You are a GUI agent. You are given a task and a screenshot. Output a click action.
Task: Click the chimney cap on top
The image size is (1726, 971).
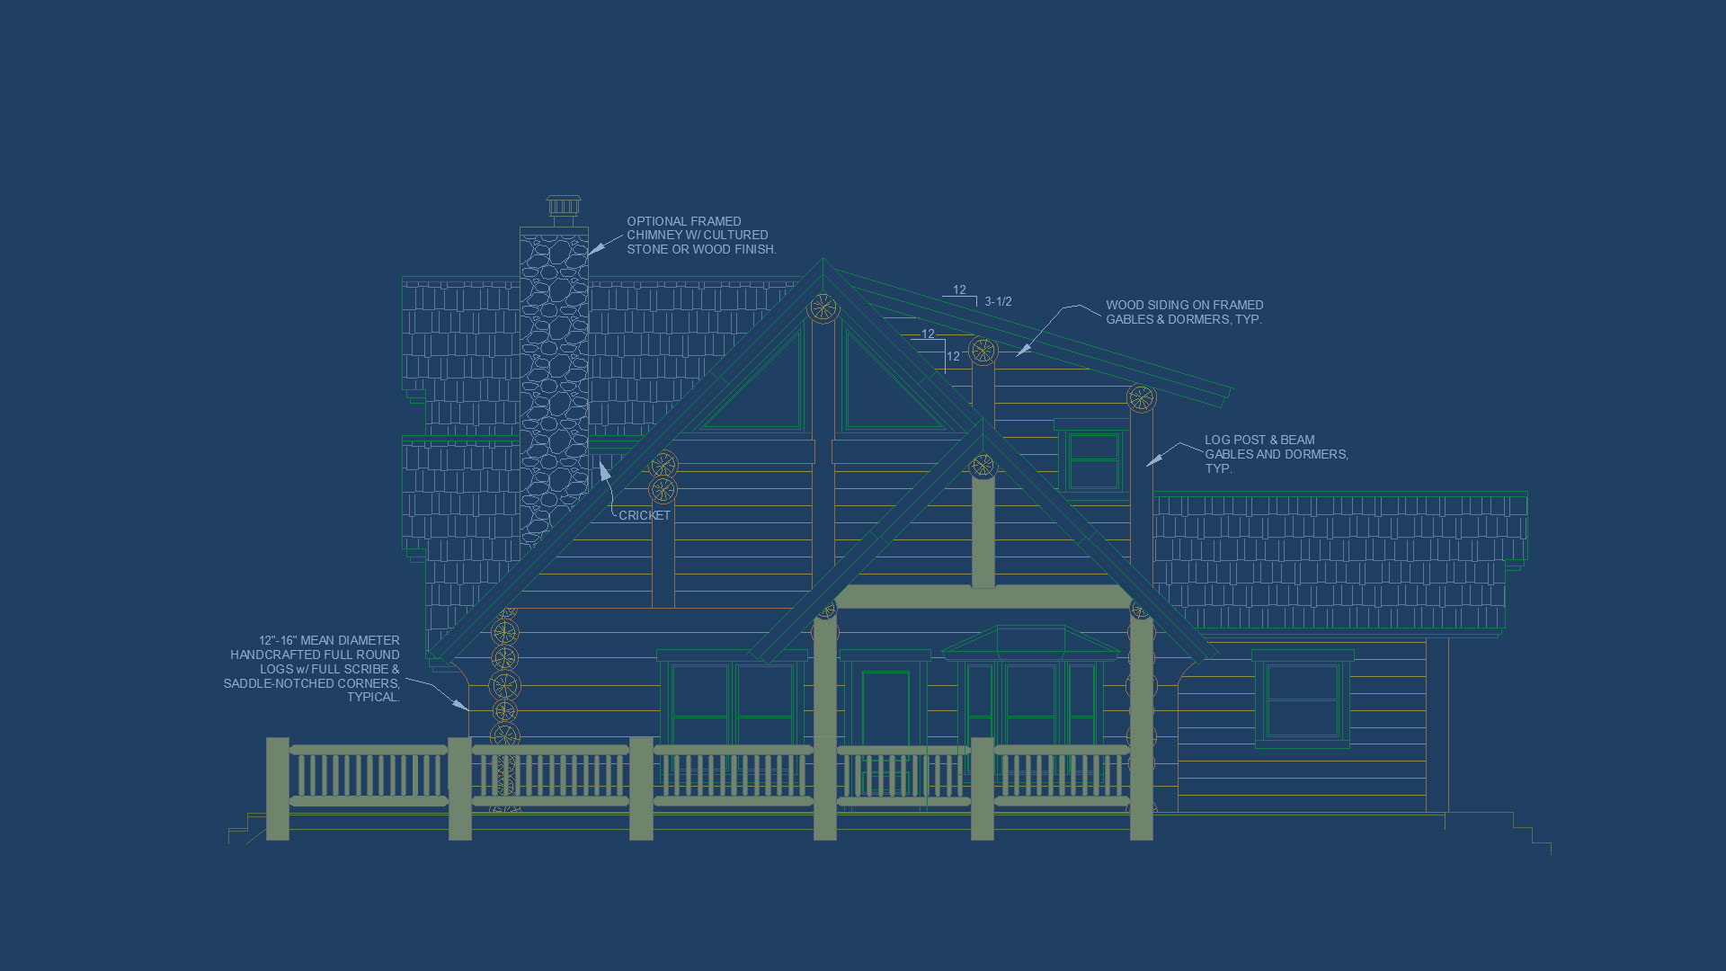[564, 208]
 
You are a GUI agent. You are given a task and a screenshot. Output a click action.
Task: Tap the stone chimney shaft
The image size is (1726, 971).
[554, 378]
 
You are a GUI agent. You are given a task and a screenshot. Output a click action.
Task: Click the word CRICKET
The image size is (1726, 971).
[644, 516]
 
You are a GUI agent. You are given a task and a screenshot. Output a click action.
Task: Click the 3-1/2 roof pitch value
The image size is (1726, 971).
[998, 302]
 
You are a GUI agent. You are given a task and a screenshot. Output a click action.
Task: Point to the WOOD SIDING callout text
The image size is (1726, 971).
[1184, 312]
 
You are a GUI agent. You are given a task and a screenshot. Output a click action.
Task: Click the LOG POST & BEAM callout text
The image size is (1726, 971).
[1275, 454]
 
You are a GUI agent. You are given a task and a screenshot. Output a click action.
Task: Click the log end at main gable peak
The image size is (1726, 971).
[823, 308]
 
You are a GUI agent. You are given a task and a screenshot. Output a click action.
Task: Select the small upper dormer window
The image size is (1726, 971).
[1094, 460]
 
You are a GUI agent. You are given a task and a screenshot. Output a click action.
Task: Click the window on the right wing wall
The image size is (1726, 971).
[1303, 700]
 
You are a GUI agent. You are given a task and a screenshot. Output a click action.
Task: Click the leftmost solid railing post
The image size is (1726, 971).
[278, 789]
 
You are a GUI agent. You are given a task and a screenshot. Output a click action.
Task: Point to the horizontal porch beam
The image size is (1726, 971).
[983, 596]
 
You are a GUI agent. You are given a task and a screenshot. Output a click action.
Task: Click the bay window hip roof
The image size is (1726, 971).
[1030, 642]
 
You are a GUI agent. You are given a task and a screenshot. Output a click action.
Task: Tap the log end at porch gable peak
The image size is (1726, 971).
[983, 466]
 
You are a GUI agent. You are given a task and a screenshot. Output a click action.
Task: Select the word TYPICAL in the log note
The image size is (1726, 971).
[373, 698]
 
